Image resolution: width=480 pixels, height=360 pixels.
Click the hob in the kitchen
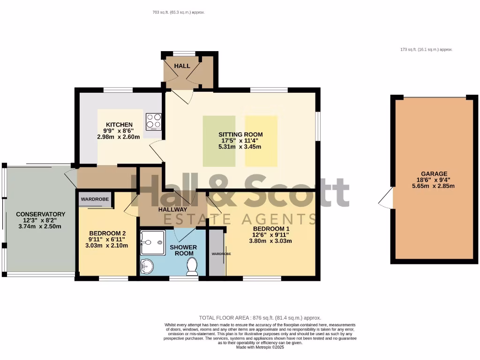click(x=154, y=121)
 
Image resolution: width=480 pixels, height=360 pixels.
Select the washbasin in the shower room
click(x=147, y=267)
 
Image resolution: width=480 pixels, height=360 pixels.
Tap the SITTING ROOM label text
click(x=240, y=134)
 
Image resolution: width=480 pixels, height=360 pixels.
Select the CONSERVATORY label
click(x=40, y=214)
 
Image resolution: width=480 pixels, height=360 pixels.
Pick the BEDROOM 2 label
click(x=107, y=233)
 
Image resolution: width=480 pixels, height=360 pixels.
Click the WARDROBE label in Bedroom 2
click(x=95, y=199)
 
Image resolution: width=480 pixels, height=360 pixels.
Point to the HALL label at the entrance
click(x=182, y=66)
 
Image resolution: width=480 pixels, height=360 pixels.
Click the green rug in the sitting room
click(x=219, y=141)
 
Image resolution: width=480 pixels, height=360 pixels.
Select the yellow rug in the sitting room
click(x=261, y=141)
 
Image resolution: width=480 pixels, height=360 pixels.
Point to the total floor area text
click(x=260, y=318)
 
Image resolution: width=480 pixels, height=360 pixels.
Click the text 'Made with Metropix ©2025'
click(x=260, y=347)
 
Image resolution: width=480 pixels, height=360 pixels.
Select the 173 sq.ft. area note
click(x=426, y=49)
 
